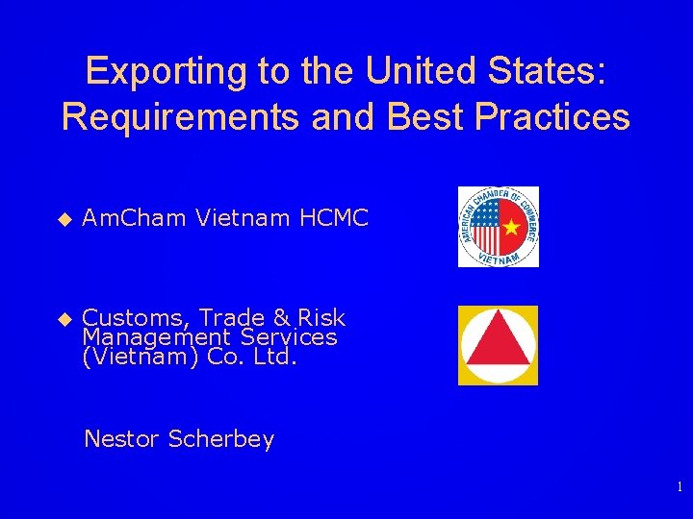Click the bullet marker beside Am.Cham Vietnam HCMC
coord(65,219)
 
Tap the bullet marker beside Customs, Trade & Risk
coord(65,318)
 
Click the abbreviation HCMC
coord(334,219)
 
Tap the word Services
coord(292,337)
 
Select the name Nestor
coord(122,439)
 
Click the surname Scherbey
coord(221,440)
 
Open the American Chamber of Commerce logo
coord(498,227)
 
